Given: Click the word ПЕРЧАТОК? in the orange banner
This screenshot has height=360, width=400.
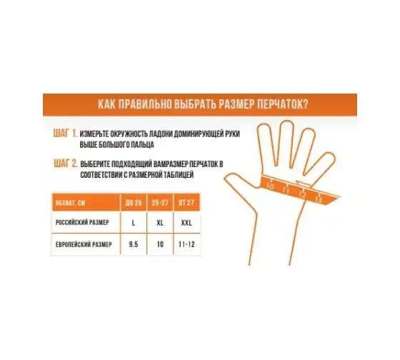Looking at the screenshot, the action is click(283, 104).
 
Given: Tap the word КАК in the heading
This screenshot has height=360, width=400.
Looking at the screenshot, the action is click(107, 104).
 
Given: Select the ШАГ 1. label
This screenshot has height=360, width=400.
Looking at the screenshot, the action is click(65, 133).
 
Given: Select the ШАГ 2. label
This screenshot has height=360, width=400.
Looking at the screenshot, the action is click(66, 163).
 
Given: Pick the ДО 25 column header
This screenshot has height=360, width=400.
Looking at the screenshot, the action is click(134, 203).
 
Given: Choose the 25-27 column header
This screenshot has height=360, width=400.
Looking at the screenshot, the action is click(160, 203).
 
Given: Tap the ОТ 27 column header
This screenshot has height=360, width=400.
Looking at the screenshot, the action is click(186, 203).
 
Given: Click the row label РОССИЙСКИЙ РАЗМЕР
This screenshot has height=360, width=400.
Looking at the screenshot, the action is click(82, 222).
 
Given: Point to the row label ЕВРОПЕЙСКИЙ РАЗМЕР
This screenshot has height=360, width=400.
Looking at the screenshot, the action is click(84, 244).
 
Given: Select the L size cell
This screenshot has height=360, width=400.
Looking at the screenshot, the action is click(134, 223).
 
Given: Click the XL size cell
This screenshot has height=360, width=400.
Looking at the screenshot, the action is click(160, 223).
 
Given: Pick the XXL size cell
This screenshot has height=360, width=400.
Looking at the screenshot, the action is click(186, 223).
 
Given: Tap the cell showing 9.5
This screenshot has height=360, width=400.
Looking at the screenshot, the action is click(134, 244).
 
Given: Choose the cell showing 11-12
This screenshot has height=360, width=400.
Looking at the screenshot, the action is click(186, 244).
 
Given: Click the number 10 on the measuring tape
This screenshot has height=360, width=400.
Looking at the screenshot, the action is click(270, 186).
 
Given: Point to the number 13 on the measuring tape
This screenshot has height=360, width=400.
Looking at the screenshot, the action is click(319, 199).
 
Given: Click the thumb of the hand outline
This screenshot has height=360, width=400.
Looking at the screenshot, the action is click(241, 189).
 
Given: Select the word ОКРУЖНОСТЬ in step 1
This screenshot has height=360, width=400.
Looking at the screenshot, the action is click(126, 134).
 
